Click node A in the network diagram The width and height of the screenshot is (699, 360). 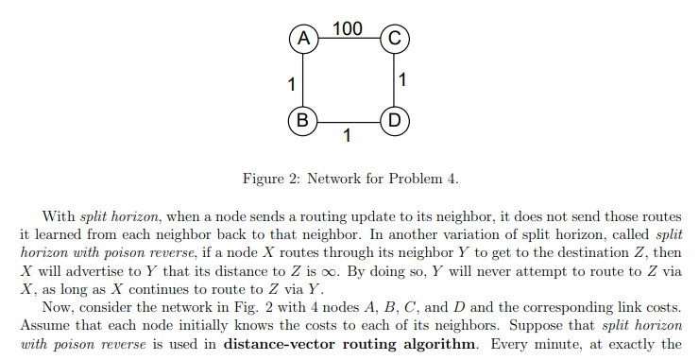click(302, 39)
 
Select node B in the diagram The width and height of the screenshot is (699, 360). click(302, 120)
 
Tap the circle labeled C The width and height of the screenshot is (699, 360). click(393, 39)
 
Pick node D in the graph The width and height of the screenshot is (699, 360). click(393, 120)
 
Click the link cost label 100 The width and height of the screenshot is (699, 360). click(348, 27)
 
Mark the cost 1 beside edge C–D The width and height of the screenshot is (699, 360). click(404, 80)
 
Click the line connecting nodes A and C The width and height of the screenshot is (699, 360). click(348, 39)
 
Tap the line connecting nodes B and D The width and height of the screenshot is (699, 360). click(348, 120)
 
